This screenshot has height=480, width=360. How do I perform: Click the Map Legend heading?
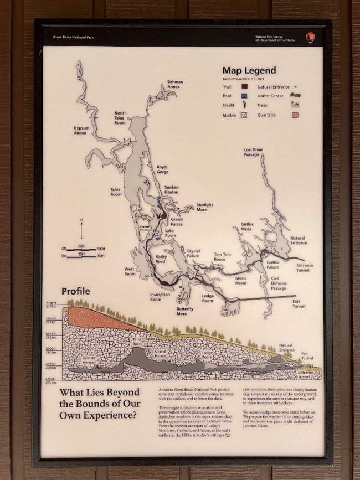[249, 70]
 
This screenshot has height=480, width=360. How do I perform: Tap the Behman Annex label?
[175, 84]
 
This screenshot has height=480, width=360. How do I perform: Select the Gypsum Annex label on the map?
[81, 131]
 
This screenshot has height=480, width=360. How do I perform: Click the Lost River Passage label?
[252, 152]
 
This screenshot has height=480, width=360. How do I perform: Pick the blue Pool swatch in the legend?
[244, 96]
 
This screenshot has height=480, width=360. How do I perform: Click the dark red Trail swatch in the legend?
[244, 86]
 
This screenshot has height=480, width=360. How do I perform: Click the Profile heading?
[76, 291]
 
